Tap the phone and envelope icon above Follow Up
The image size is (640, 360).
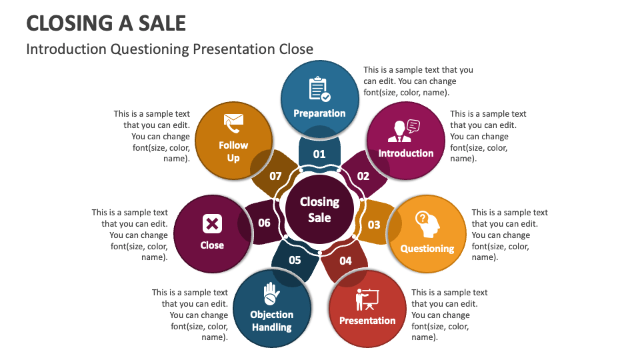[x=233, y=122]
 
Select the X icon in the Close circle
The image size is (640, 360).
[x=212, y=223]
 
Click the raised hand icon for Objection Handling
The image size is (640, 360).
[x=271, y=293]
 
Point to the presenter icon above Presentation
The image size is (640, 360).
[x=367, y=299]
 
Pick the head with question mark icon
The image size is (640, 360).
[x=427, y=223]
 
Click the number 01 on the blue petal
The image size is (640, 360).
[x=319, y=154]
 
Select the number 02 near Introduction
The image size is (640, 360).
[x=363, y=176]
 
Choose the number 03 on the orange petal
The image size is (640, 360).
[x=374, y=225]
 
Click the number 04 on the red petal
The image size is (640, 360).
[x=345, y=261]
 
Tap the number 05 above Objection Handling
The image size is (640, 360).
[x=295, y=261]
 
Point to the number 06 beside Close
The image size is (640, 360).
[x=264, y=223]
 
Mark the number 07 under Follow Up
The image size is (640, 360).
[x=275, y=177]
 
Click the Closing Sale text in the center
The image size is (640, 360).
[x=319, y=209]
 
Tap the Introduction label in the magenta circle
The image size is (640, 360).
[x=406, y=153]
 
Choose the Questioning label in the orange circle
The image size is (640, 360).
[x=427, y=249]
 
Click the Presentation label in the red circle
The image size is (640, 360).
[x=367, y=321]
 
